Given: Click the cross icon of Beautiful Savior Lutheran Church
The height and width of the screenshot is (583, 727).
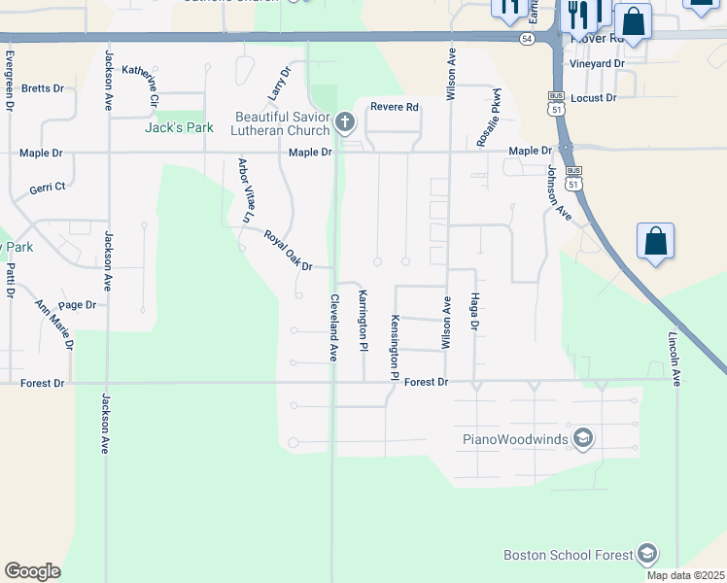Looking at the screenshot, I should pos(344,122).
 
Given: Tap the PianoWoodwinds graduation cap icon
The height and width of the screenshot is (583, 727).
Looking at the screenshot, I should pos(582,438).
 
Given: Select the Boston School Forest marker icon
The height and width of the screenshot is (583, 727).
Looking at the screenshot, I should pos(646,555).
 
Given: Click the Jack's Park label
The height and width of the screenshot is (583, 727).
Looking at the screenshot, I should pos(178,127).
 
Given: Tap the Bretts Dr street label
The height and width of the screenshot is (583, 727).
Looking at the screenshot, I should pos(42,87).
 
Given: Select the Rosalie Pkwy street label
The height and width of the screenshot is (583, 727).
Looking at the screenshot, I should pos(488,119).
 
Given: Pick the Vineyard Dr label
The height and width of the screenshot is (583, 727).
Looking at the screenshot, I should pos(597,63).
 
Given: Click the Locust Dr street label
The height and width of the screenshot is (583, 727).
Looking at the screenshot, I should pos(594,98).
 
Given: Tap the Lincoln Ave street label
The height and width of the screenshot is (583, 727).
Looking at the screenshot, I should pos(673,360).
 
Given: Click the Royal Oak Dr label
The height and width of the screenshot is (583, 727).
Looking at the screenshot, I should pos(288,252).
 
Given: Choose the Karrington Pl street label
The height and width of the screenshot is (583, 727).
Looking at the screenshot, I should pos(363,320).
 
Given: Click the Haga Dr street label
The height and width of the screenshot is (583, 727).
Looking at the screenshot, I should pos(475,312).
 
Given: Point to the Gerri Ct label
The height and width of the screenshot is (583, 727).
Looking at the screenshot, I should pos(47,188).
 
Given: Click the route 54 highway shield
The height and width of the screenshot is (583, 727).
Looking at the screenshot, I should pos(526,38).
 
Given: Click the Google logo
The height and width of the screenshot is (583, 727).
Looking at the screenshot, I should pos(33,570).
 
